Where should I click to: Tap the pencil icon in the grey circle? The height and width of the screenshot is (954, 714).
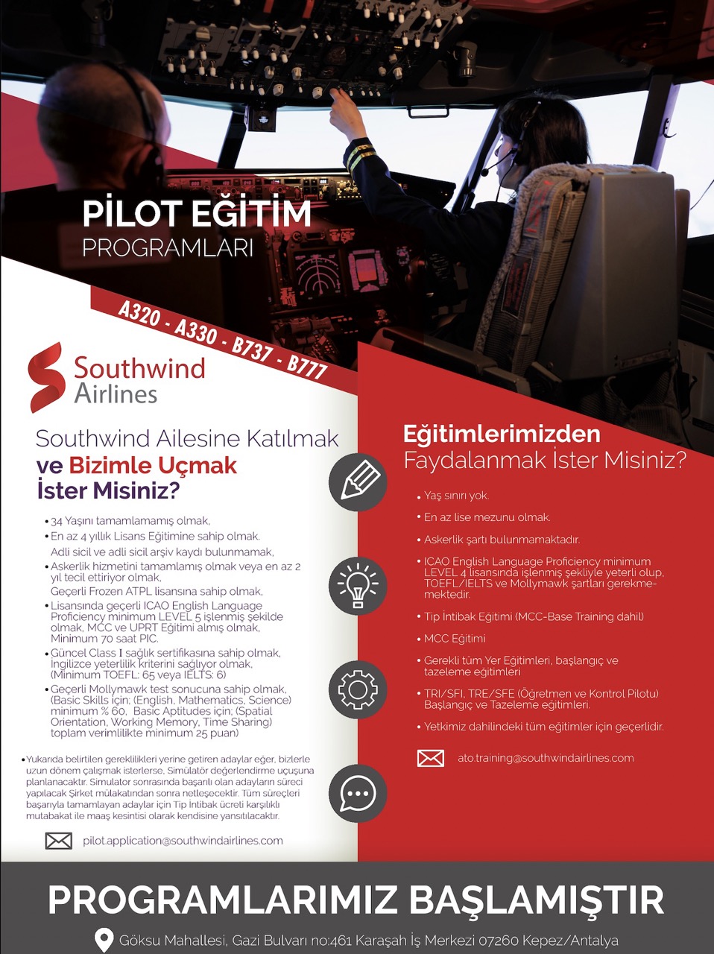(358, 481)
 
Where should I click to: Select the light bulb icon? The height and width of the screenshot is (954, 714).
(358, 585)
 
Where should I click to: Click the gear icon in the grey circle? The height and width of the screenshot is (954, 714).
(358, 689)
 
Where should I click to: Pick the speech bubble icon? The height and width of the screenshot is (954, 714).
(358, 793)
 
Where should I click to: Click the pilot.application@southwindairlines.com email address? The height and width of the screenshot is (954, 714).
(183, 841)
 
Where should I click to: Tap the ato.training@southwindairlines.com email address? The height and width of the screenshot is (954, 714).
(546, 758)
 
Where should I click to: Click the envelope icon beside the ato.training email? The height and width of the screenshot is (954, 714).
(430, 759)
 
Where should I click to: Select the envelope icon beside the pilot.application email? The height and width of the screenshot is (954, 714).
(59, 841)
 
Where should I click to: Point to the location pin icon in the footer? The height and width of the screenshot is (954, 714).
(104, 941)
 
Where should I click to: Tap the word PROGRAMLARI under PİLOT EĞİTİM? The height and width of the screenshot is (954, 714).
(168, 248)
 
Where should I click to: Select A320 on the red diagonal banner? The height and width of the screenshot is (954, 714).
(139, 314)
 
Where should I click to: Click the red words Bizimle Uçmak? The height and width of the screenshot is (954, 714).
(153, 466)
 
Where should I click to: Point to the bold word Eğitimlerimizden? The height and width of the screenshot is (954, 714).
(501, 435)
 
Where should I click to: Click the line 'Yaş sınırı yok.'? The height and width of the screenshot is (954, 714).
(456, 496)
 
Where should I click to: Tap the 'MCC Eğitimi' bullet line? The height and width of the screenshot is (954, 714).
(455, 639)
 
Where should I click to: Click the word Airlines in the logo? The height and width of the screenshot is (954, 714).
(116, 393)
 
